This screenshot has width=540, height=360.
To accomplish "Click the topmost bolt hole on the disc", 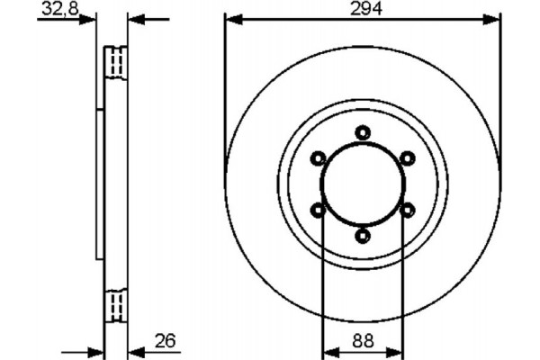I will pos(363,133).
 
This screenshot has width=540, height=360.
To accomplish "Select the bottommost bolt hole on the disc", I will pos(363,236).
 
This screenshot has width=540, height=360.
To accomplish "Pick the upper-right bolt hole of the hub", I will pos(407,158).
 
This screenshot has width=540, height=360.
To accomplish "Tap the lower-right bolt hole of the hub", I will pos(407,210).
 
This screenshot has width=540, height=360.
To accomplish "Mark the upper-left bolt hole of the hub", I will pos(318,158).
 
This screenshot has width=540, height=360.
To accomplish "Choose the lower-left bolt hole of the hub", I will pos(318,210).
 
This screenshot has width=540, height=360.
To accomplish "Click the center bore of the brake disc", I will pos(363,184).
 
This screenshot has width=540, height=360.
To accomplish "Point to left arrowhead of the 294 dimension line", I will pos(230,19).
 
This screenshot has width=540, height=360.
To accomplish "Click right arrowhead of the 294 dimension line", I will pos(494,19).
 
